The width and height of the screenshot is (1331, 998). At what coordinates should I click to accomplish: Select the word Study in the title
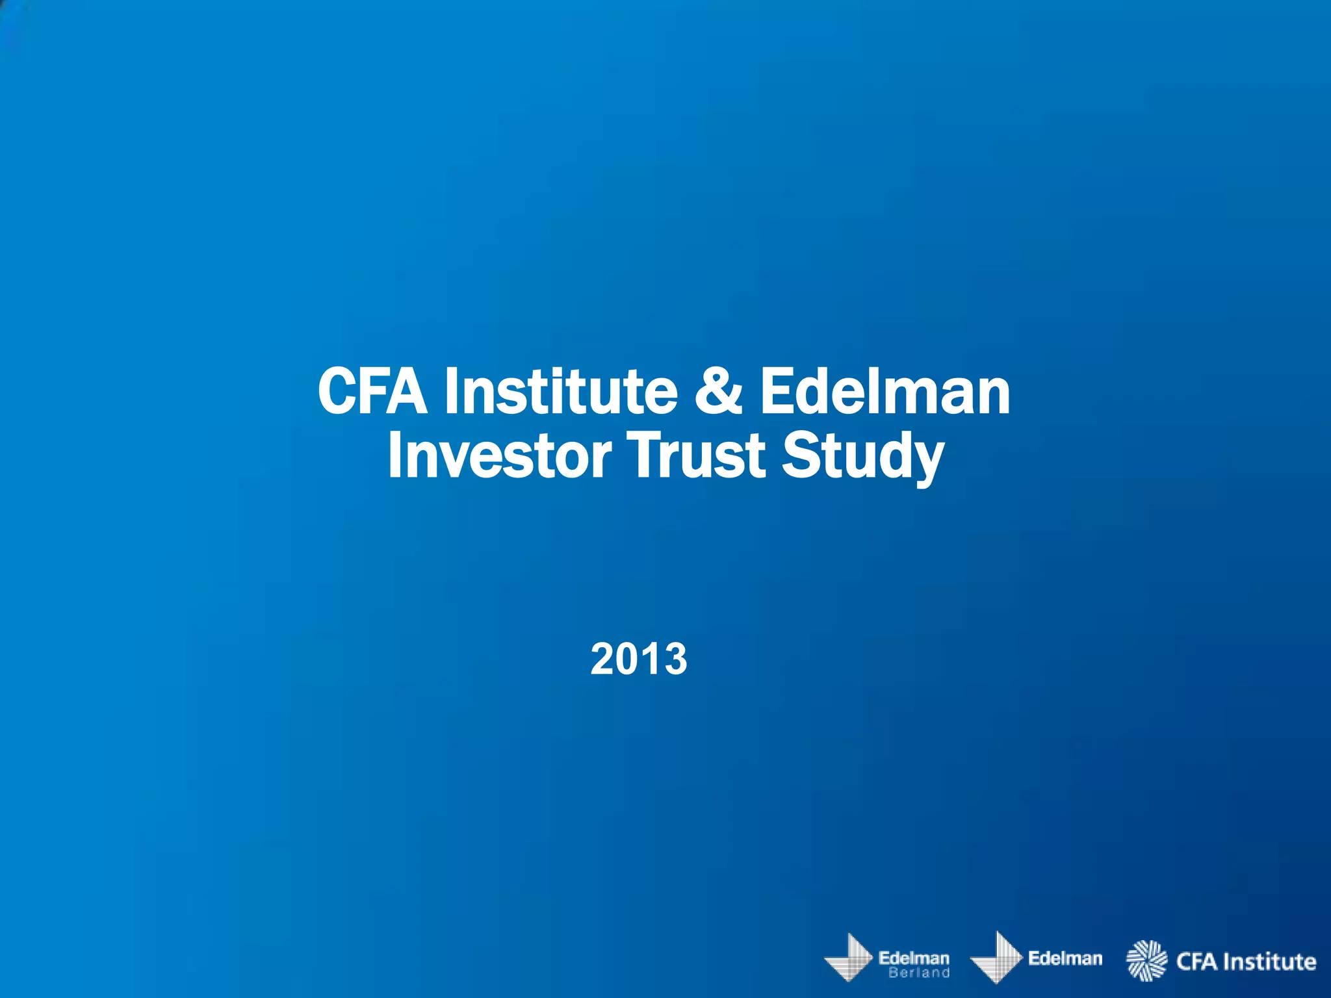862,456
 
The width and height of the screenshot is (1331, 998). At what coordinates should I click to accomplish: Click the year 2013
639,659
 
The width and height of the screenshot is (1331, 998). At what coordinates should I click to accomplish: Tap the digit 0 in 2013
627,659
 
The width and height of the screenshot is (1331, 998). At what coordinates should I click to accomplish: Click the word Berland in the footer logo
919,973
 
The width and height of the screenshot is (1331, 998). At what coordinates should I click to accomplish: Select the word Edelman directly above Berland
914,958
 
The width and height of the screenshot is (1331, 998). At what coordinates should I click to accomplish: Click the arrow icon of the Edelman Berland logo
849,958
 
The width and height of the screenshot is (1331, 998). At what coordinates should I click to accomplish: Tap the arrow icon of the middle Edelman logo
997,958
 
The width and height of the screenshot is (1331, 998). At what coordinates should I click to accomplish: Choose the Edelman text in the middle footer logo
1066,958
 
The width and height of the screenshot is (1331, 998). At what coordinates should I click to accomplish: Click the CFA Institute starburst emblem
1146,960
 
